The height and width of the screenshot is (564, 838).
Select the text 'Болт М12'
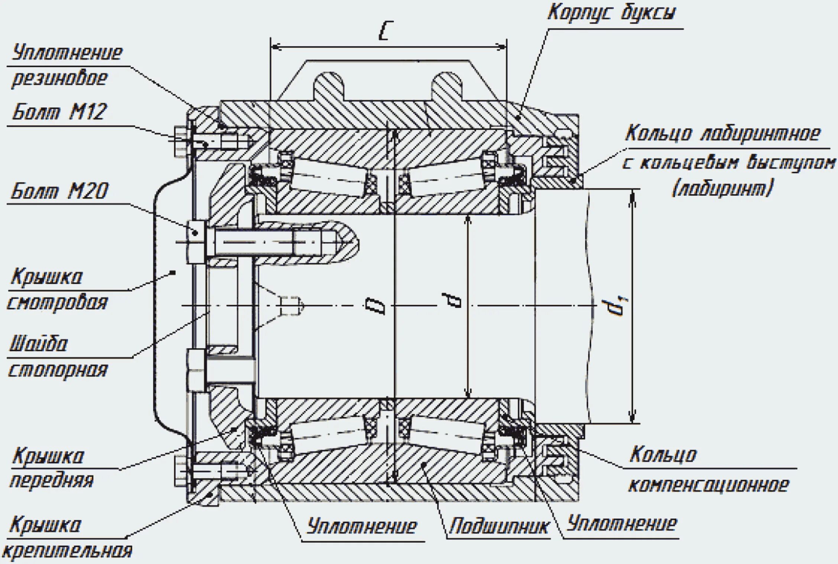59,111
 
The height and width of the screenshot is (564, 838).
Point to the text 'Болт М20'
59,191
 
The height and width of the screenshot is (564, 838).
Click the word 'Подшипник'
498,526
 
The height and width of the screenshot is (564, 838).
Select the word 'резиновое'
59,78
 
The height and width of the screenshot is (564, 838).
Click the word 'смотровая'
58,302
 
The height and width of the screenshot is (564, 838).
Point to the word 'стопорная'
58,370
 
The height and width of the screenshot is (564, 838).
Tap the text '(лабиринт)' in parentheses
723,188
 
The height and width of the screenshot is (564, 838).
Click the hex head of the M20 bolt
196,242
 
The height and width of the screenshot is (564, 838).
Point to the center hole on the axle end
290,305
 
